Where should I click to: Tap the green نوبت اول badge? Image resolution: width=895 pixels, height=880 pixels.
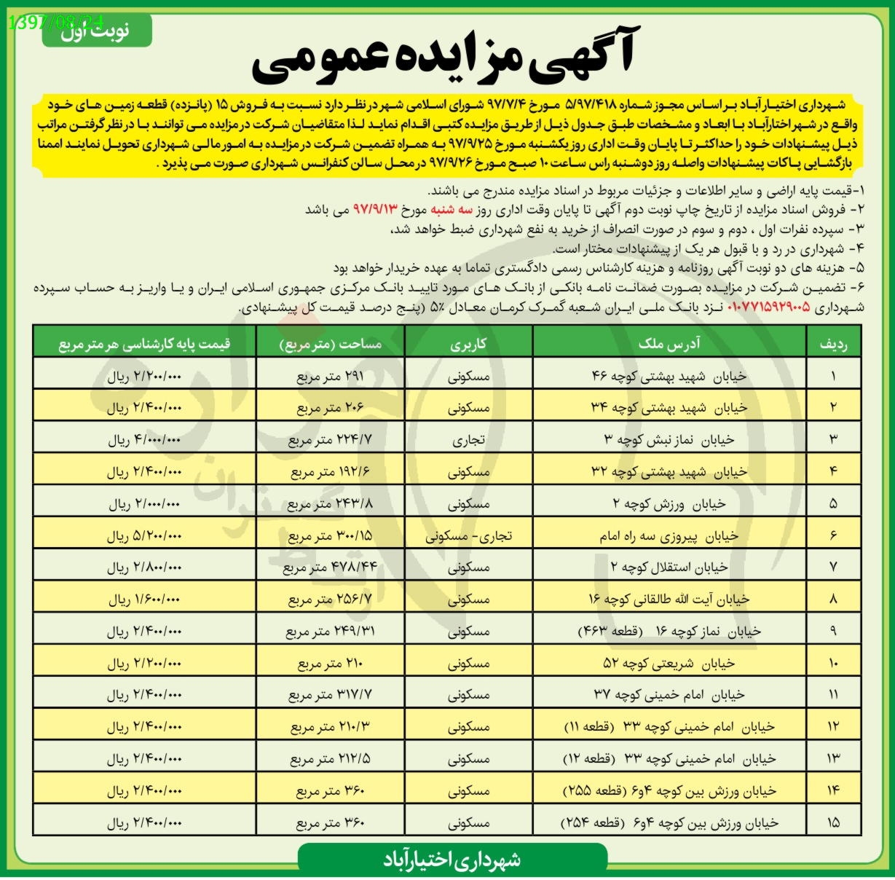(x=96, y=31)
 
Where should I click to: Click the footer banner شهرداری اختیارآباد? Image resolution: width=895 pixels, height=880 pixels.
(x=452, y=860)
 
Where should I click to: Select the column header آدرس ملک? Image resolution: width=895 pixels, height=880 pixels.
(x=669, y=343)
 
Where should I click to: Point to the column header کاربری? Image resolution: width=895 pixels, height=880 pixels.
(x=468, y=343)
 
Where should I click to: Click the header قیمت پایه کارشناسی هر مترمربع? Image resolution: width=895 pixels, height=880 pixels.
(x=144, y=343)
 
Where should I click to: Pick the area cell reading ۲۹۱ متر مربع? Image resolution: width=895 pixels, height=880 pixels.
(x=330, y=377)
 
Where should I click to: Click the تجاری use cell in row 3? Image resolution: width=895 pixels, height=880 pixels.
(x=468, y=440)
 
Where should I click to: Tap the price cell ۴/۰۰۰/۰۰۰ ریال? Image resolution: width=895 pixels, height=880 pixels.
(x=144, y=440)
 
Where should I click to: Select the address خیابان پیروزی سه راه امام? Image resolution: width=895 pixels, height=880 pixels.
(x=669, y=536)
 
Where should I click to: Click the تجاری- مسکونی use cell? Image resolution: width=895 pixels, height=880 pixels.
(x=468, y=536)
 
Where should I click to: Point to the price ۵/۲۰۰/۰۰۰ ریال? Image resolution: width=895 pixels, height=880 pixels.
(x=144, y=536)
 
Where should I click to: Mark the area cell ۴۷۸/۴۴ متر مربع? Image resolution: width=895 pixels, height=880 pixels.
(x=330, y=567)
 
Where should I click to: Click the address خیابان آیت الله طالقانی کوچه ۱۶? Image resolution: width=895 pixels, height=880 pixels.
(x=669, y=600)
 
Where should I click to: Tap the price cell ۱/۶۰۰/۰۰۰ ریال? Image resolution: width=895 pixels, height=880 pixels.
(x=144, y=600)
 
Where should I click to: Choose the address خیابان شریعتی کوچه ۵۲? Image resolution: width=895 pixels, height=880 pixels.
(x=669, y=664)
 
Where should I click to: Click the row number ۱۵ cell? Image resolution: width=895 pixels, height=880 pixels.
(x=833, y=822)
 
